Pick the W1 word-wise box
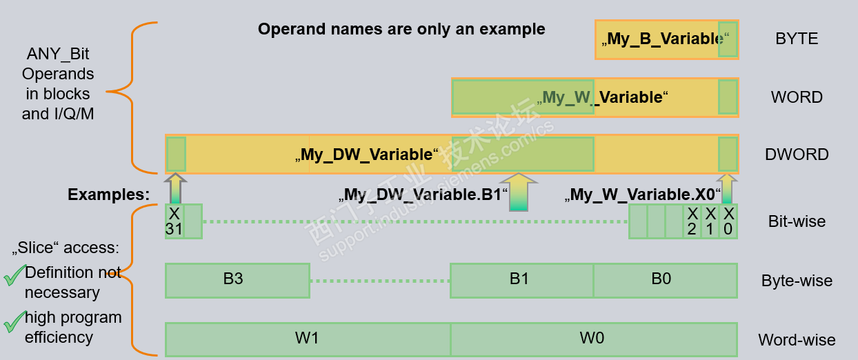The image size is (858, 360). [x=307, y=339]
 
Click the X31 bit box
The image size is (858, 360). [x=174, y=221]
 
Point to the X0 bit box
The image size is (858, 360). [x=728, y=221]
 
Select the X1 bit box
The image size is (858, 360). [x=710, y=221]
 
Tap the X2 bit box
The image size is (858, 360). [x=692, y=221]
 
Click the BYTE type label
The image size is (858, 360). [x=797, y=39]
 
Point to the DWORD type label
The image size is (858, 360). [x=797, y=154]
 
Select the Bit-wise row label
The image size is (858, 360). [x=797, y=221]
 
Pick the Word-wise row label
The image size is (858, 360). [x=797, y=340]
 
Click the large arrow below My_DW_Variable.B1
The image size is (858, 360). [x=523, y=192]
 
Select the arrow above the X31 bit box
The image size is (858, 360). [x=175, y=188]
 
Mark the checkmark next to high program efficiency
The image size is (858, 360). [x=14, y=322]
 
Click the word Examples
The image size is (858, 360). [x=108, y=195]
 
